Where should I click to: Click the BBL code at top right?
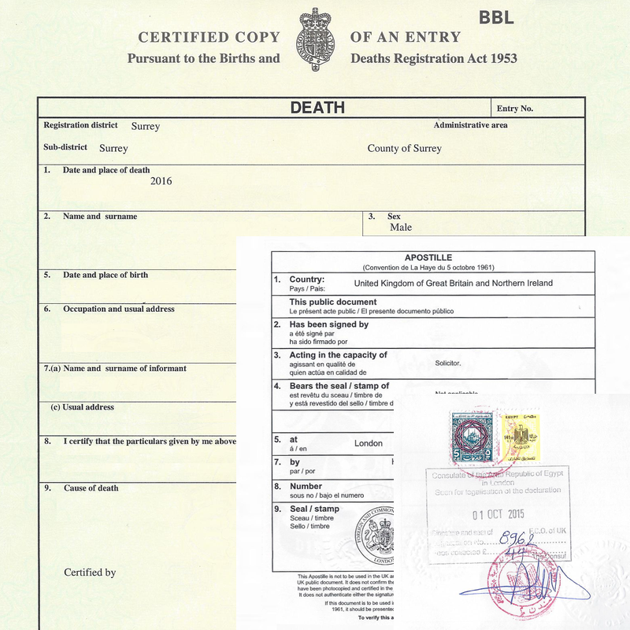[496, 17]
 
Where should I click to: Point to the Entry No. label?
[515, 109]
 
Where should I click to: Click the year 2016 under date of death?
[161, 181]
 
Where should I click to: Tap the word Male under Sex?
[401, 228]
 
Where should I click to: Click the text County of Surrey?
[404, 148]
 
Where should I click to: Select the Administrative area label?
[470, 125]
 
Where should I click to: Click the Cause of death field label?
[91, 488]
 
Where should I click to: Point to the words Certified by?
[90, 573]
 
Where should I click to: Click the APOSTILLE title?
[428, 258]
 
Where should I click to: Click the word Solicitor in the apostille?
[448, 364]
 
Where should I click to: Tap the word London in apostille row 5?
[368, 443]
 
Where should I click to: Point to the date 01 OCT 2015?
[503, 516]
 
